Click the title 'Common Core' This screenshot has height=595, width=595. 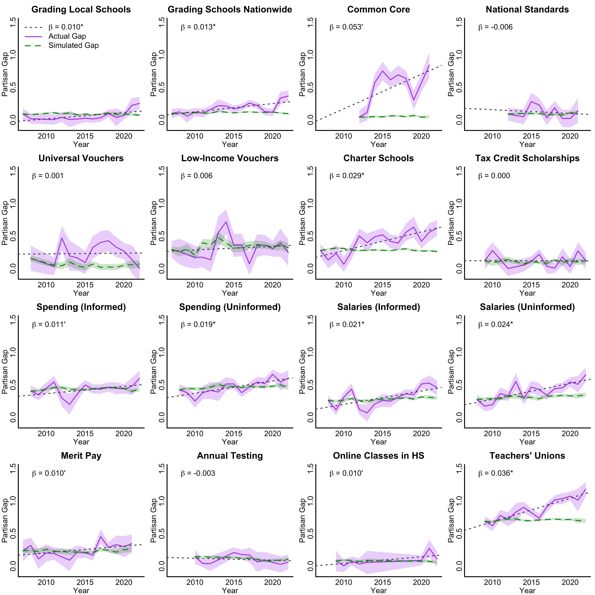[x=378, y=10]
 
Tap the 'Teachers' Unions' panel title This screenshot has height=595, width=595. [x=527, y=455]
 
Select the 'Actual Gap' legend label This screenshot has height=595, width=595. [x=67, y=36]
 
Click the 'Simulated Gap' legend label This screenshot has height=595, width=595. [x=73, y=46]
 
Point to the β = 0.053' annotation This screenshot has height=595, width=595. [x=346, y=27]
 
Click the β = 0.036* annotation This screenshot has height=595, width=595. [x=496, y=473]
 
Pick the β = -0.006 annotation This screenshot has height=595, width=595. [x=495, y=27]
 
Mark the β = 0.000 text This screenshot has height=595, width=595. [x=494, y=176]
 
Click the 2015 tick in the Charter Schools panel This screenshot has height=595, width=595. [x=382, y=285]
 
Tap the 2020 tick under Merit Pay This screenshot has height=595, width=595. [x=124, y=583]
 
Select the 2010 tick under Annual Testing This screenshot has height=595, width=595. [x=195, y=583]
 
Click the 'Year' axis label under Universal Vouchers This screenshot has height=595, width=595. [x=81, y=293]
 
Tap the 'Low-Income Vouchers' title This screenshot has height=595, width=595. [x=230, y=158]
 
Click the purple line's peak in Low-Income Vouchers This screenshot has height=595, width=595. [x=226, y=222]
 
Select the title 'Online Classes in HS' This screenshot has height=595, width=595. [x=378, y=455]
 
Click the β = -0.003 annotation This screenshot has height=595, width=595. [x=198, y=473]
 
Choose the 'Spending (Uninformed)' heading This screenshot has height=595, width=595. [x=230, y=307]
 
